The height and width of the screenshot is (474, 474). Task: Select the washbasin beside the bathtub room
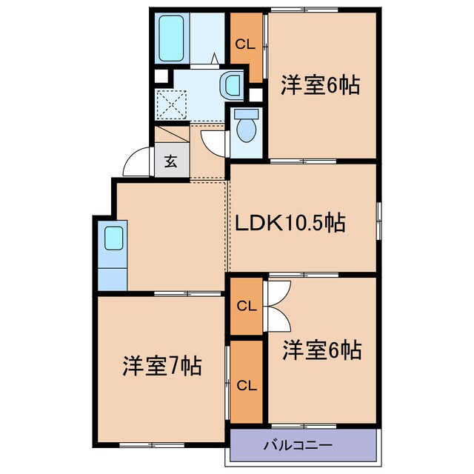point(233,85)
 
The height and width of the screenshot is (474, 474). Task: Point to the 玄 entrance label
point(171,161)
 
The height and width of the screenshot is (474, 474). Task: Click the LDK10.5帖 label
point(290,223)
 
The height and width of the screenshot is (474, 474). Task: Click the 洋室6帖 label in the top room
point(319,86)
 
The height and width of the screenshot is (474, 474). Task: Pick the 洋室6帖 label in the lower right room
point(321,350)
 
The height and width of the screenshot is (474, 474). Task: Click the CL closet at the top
point(245,44)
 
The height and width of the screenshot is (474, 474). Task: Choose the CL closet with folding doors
point(245,305)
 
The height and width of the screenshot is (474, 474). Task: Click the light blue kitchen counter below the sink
point(113,276)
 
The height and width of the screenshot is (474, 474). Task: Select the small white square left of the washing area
point(159,76)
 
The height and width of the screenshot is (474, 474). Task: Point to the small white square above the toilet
point(256,94)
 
